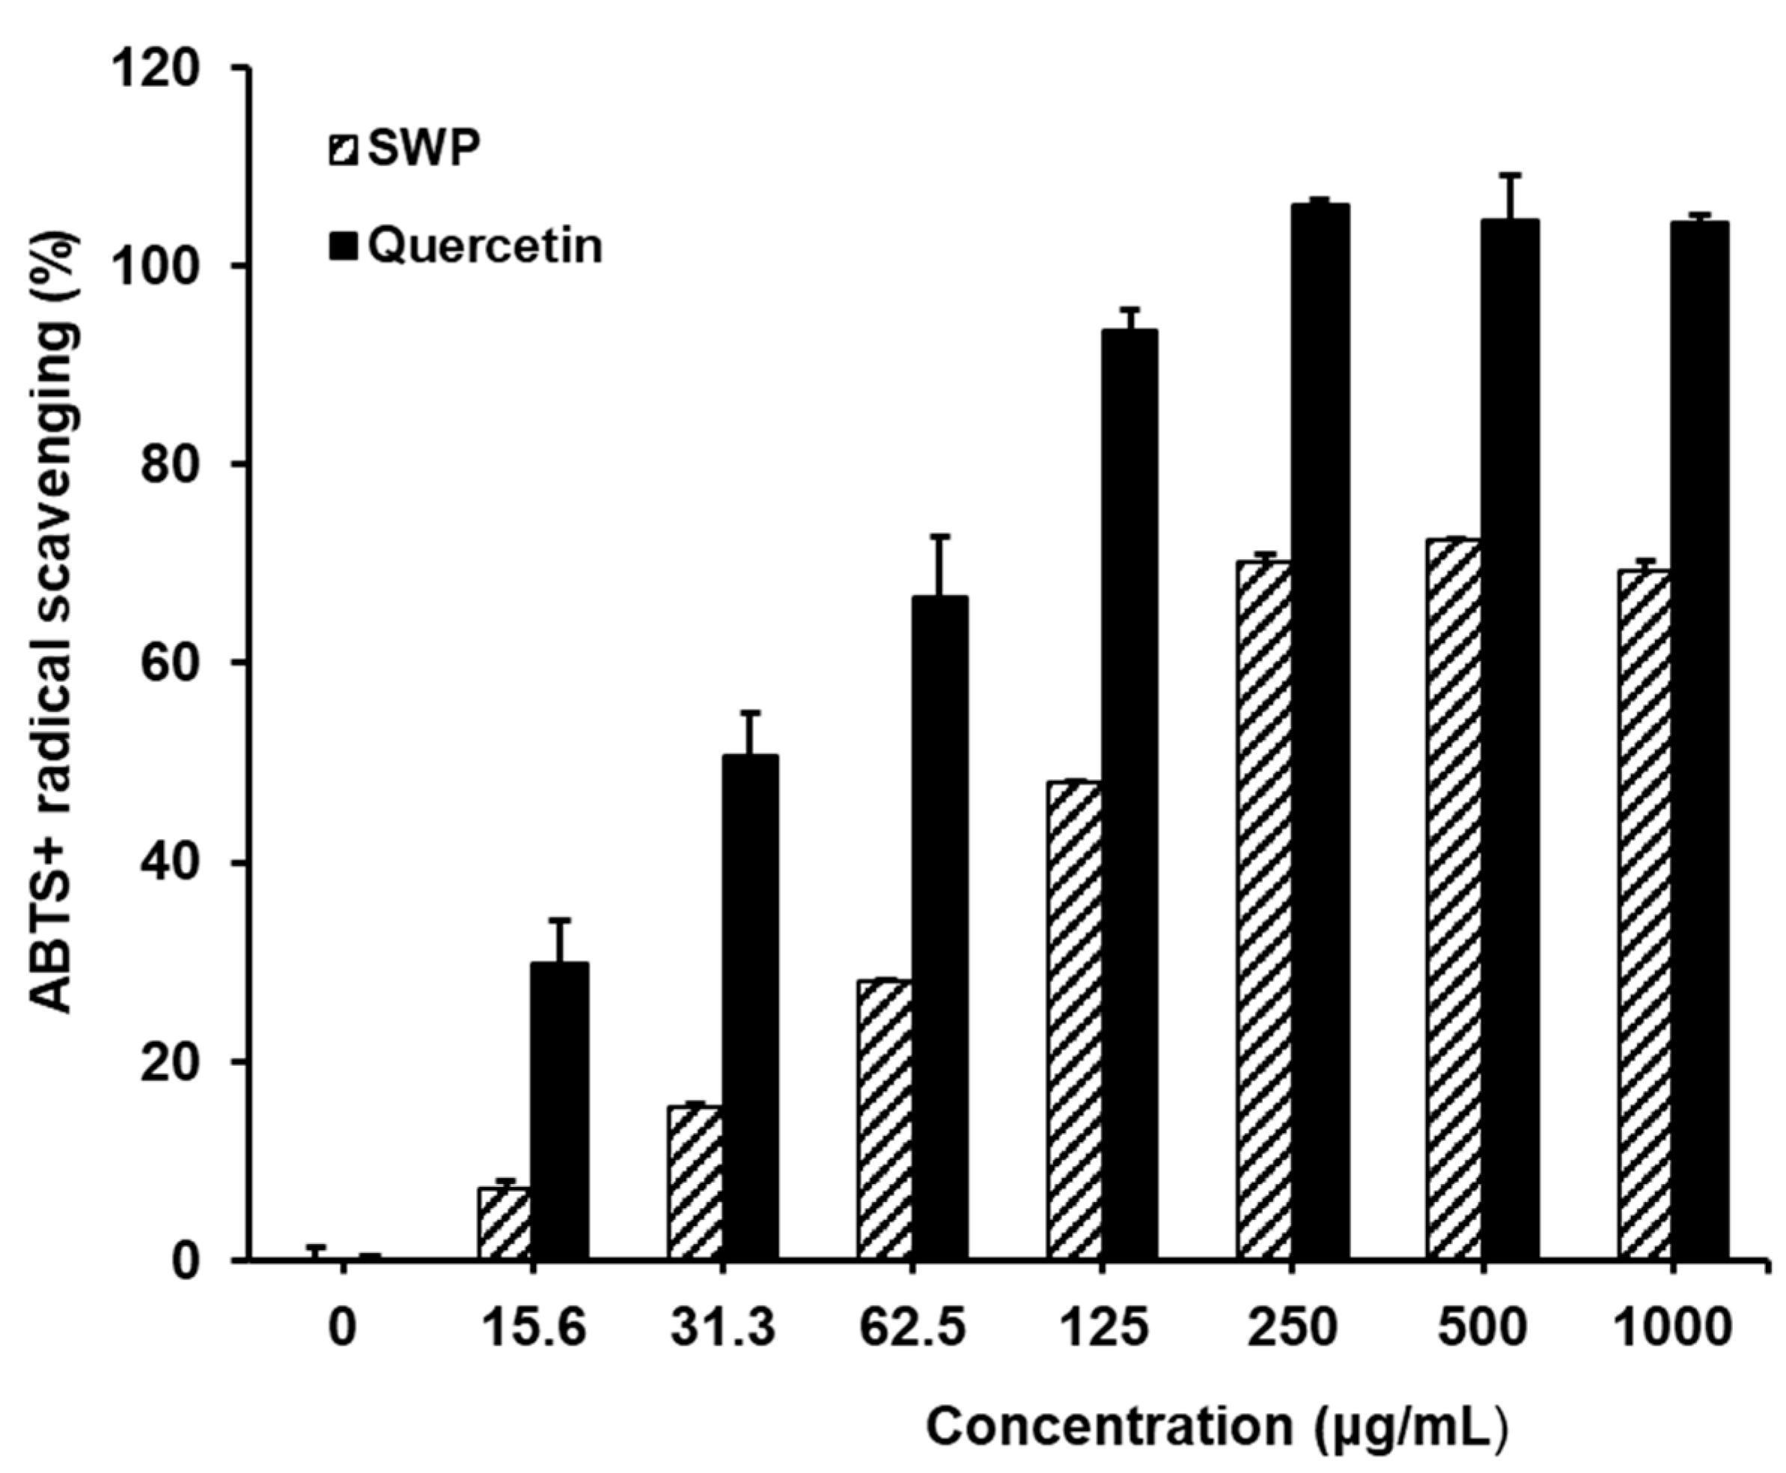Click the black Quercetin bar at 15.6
pyautogui.click(x=559, y=1111)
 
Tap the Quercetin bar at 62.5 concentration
pyautogui.click(x=939, y=929)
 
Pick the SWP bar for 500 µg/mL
pyautogui.click(x=1454, y=900)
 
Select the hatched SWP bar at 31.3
pyautogui.click(x=695, y=1183)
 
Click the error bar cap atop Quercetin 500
pyautogui.click(x=1511, y=175)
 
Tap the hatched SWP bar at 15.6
pyautogui.click(x=505, y=1224)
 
